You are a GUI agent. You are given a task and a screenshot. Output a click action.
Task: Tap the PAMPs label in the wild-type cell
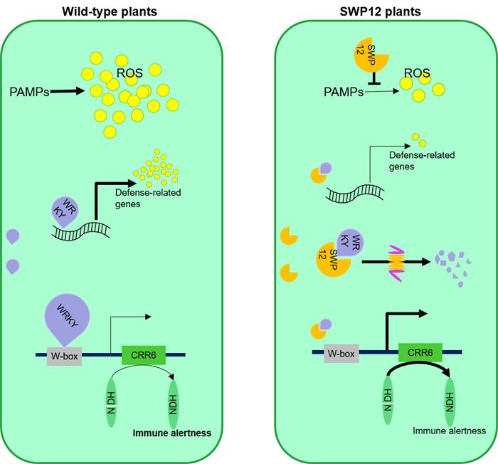pyautogui.click(x=31, y=90)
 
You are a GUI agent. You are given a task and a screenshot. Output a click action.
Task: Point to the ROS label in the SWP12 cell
pyautogui.click(x=417, y=73)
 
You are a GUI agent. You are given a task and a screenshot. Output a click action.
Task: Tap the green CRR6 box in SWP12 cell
pyautogui.click(x=419, y=352)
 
